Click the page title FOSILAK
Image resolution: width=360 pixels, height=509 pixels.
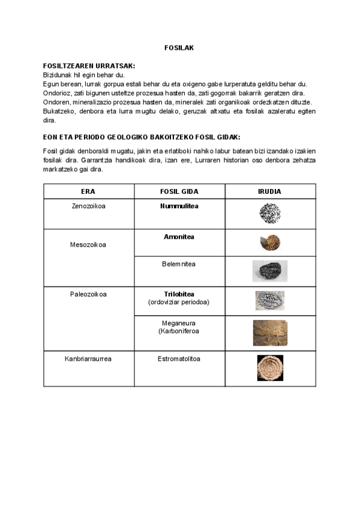179,47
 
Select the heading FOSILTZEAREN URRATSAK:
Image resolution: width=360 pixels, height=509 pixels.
89,65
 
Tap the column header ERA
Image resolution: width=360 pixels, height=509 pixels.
88,191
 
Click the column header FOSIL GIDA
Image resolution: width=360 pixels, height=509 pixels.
179,191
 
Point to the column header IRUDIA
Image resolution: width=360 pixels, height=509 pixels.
270,191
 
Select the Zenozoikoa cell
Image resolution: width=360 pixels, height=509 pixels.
88,206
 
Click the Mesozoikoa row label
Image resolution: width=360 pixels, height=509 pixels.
88,244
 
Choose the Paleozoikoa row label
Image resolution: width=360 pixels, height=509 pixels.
88,294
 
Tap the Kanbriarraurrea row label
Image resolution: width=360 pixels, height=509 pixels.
88,359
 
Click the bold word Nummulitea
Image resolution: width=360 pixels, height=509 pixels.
179,206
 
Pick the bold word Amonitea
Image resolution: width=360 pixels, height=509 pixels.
179,236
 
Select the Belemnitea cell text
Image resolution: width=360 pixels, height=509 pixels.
179,264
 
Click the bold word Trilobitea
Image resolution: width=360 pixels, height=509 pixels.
179,294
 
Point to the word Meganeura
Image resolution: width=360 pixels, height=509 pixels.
179,322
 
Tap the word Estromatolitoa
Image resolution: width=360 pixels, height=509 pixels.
179,359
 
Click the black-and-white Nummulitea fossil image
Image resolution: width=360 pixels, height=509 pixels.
270,213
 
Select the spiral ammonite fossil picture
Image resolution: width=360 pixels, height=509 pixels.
270,242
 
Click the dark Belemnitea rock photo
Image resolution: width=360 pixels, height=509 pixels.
270,271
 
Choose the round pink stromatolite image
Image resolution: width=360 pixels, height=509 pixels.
270,368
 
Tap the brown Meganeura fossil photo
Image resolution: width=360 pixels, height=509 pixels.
270,333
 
